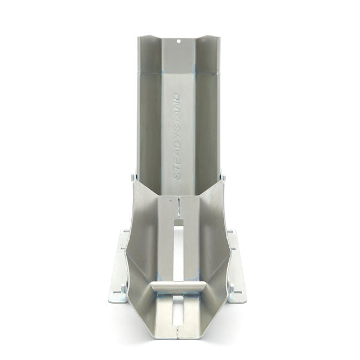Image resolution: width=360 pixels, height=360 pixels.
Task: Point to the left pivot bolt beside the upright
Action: [x=133, y=177]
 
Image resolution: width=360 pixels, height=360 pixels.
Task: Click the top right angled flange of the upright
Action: [x=211, y=50]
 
